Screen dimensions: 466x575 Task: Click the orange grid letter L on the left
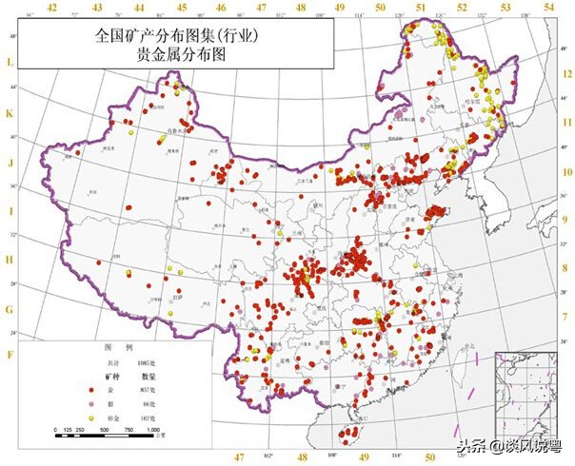pos(10,63)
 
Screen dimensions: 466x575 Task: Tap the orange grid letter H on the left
pos(10,259)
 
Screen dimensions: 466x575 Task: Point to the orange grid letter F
pos(10,355)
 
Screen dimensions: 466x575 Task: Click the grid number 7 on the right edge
pos(565,315)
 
